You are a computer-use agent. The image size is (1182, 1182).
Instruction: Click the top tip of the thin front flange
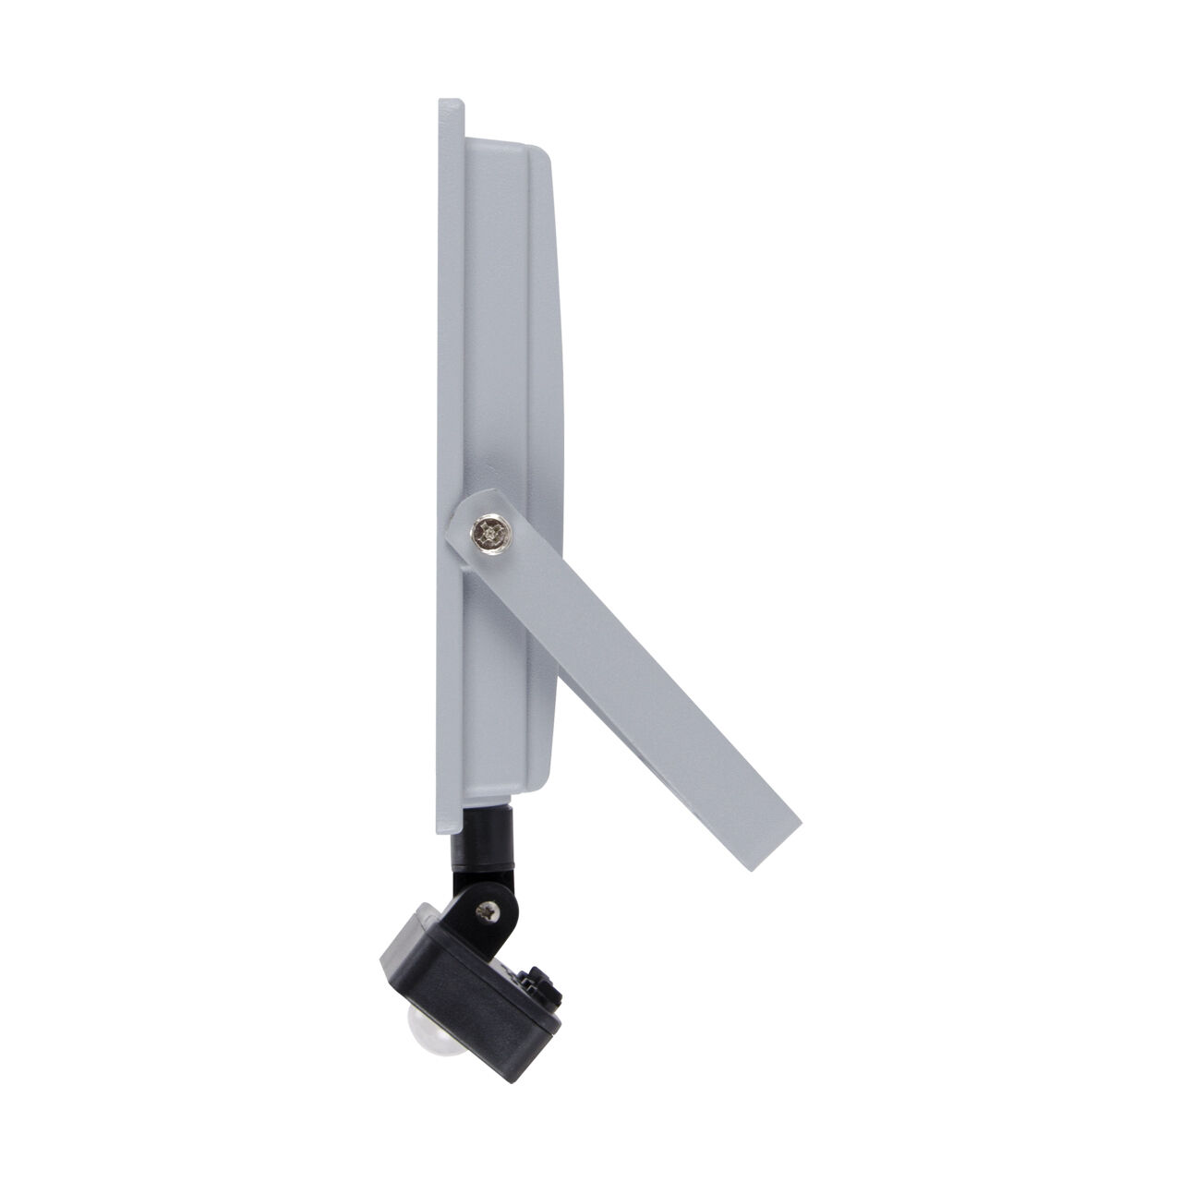[x=450, y=102]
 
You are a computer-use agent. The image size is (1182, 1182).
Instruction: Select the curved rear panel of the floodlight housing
[x=545, y=369]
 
